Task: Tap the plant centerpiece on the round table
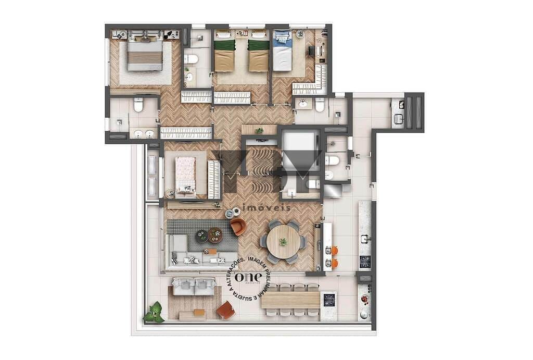(x=283, y=242)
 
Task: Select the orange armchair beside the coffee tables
(x=238, y=227)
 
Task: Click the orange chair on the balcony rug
(x=225, y=310)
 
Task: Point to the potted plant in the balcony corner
(x=155, y=313)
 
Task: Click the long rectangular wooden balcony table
(x=290, y=300)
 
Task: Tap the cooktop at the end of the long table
(x=329, y=300)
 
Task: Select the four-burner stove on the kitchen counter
(x=365, y=262)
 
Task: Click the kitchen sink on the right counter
(x=365, y=239)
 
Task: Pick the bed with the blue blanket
(x=283, y=51)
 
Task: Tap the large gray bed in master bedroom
(x=145, y=55)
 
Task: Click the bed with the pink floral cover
(x=185, y=175)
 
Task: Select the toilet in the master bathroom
(x=138, y=105)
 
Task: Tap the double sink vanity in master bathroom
(x=144, y=133)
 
